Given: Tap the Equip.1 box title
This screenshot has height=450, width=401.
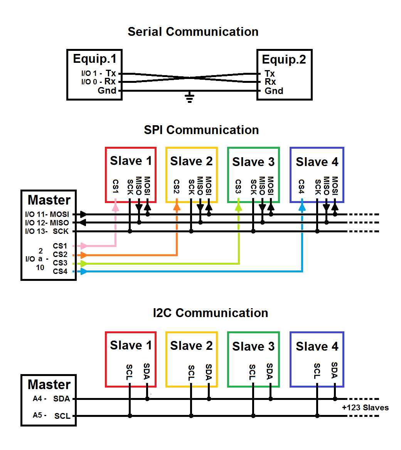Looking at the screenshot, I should [x=94, y=59].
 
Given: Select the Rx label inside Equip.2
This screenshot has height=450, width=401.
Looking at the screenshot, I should [x=270, y=82].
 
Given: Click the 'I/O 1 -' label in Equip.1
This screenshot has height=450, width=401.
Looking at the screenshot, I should [x=91, y=73].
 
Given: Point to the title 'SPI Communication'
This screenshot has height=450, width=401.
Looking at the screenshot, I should [x=201, y=130].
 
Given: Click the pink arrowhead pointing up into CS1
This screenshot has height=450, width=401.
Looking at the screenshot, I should [x=115, y=207].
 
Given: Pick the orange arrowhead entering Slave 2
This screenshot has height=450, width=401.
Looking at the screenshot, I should [x=177, y=207].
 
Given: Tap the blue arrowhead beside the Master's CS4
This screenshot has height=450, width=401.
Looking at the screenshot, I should [x=83, y=272].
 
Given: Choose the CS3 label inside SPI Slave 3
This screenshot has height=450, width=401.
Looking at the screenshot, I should [x=238, y=186].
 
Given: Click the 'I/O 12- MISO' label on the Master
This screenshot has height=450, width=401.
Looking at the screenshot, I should [x=47, y=223].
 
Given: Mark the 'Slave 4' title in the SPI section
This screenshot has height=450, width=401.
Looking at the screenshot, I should [x=317, y=162].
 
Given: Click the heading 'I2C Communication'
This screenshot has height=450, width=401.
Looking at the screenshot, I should [x=211, y=313].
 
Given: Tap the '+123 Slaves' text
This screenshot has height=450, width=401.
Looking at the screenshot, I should [x=365, y=408].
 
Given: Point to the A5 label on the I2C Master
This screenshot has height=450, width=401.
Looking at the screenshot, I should [x=37, y=415].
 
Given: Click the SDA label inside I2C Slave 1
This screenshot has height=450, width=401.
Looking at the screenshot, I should [x=147, y=371].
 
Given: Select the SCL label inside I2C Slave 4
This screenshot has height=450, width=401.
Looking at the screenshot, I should [x=317, y=371].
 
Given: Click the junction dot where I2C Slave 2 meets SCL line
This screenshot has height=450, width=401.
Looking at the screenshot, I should [x=191, y=416].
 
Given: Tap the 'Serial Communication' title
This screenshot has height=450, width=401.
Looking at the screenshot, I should [x=193, y=32].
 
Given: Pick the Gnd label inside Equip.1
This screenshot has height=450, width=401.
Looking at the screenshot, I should [x=107, y=91].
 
